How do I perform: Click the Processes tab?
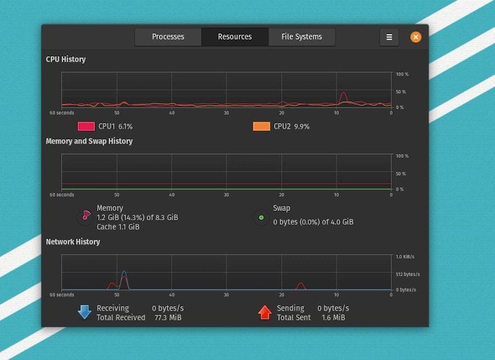[168, 37]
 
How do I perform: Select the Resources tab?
[235, 37]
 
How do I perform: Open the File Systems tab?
[301, 37]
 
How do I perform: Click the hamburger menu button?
[389, 37]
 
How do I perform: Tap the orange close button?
[416, 37]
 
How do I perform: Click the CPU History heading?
[66, 59]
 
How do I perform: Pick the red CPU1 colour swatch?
[86, 126]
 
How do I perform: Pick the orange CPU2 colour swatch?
[261, 126]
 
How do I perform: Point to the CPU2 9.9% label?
[291, 126]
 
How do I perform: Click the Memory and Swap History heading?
[89, 141]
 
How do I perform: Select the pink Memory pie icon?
[85, 217]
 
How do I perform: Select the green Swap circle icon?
[261, 218]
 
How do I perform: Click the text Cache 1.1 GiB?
[118, 227]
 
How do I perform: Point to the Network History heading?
[72, 242]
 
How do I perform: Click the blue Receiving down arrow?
[85, 312]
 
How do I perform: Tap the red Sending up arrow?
[265, 312]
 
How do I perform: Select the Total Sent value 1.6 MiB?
[333, 318]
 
